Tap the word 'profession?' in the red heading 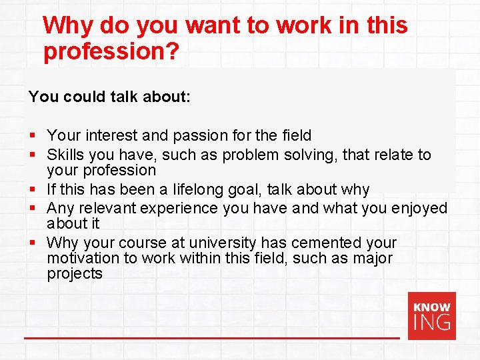[x=111, y=53]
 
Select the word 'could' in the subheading [x=83, y=97]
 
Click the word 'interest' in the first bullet [x=111, y=135]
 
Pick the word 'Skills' [x=66, y=155]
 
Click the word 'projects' [x=75, y=274]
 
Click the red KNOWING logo [x=431, y=315]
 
